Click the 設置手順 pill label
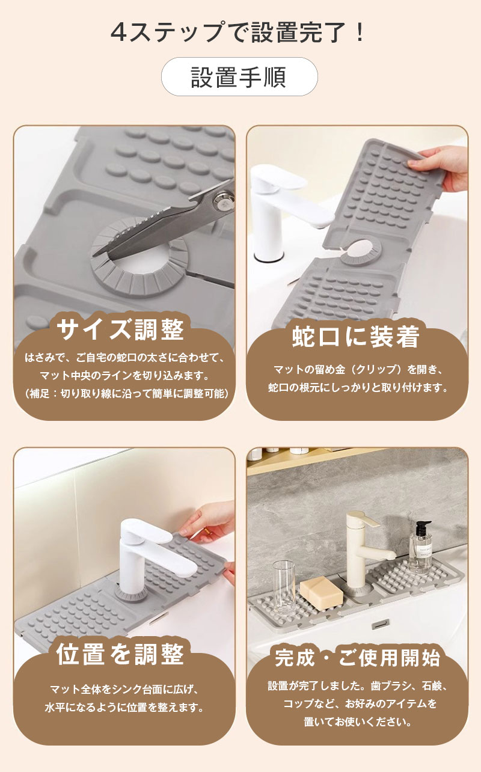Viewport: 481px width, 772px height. pos(239,76)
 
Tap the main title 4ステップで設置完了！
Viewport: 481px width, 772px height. pos(237,32)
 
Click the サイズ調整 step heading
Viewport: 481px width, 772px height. pos(120,329)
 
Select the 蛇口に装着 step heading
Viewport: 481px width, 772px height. pos(355,336)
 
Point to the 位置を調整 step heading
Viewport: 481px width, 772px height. pos(120,654)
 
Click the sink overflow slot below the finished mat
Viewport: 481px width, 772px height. pos(381,624)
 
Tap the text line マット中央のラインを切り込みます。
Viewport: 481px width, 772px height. pos(124,375)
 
